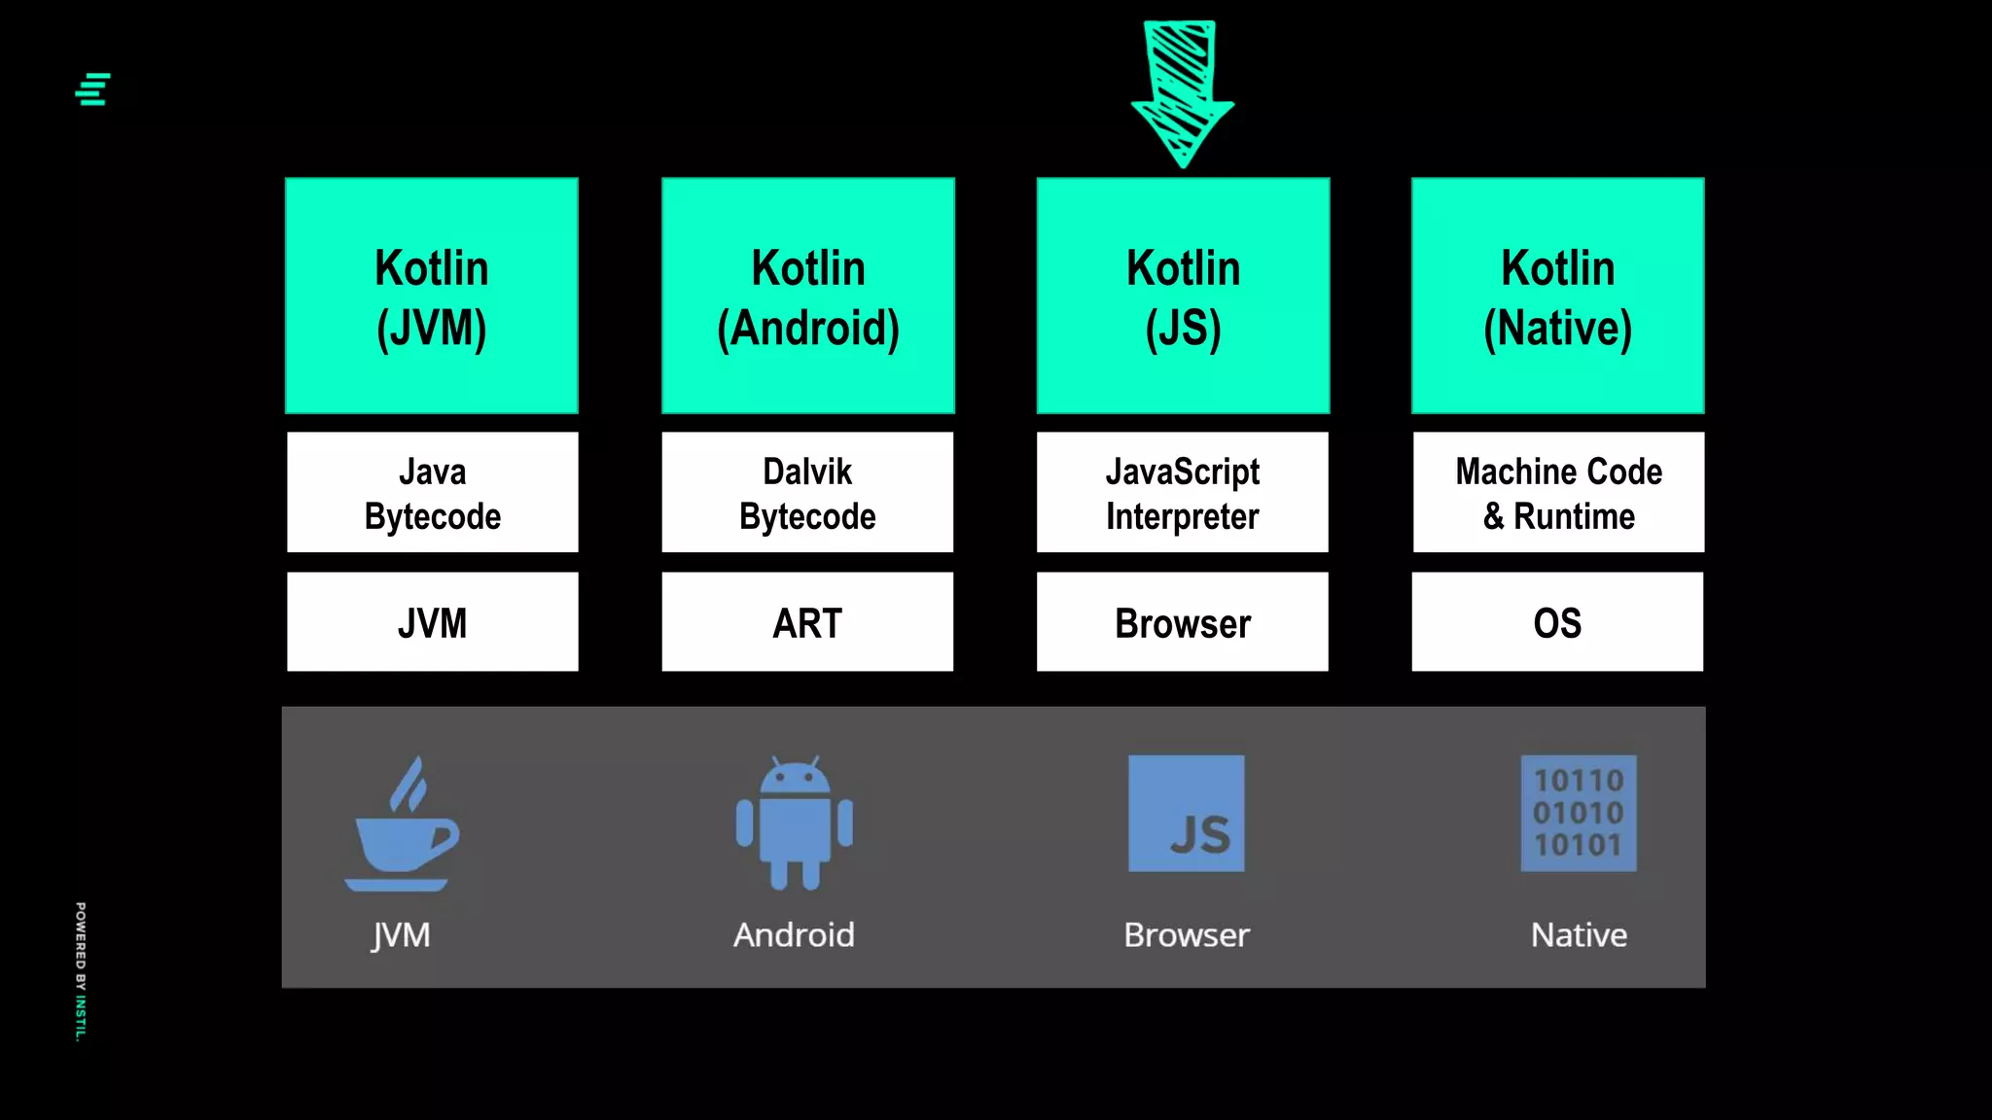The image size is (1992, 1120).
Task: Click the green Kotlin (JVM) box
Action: (432, 296)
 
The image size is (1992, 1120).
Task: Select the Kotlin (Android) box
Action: (807, 296)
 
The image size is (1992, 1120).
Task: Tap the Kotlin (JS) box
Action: (1183, 296)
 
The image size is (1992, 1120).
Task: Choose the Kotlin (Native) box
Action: (1557, 296)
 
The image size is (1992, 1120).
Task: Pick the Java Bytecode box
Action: (432, 493)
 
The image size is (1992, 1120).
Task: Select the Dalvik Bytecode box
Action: (807, 493)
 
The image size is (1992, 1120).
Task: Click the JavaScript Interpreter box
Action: (1183, 493)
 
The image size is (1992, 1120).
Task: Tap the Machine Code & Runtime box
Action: (1558, 493)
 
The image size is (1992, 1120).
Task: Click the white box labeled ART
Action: (807, 622)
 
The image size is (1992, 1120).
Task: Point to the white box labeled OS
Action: (1557, 622)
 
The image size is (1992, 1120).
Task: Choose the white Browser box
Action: (1183, 622)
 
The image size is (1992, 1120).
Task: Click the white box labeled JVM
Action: (432, 622)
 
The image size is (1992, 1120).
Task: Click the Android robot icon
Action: (795, 824)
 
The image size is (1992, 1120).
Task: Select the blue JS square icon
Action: (1186, 814)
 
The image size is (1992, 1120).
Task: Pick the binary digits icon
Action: (1579, 814)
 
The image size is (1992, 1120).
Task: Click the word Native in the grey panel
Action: (1579, 935)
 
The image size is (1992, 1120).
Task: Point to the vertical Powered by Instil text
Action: (81, 971)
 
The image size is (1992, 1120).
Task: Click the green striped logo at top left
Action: (93, 89)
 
